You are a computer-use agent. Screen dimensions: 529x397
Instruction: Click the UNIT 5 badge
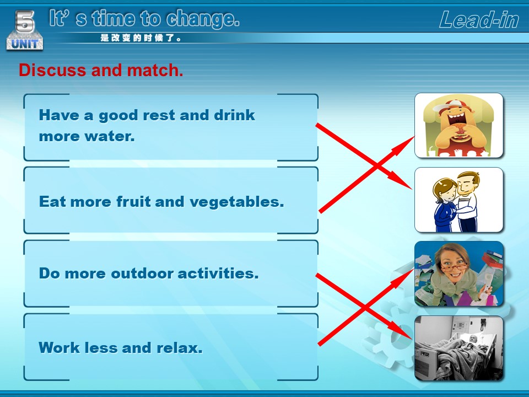(x=25, y=30)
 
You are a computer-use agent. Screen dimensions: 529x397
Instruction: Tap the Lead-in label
(x=479, y=20)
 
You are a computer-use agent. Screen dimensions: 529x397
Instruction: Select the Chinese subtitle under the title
(x=141, y=38)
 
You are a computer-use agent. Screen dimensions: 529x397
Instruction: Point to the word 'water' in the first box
(x=109, y=136)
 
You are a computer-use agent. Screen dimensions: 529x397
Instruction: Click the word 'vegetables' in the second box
(x=236, y=202)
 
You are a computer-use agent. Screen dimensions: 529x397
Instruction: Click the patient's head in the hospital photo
(x=474, y=339)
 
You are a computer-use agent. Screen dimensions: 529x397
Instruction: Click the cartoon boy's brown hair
(x=469, y=177)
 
